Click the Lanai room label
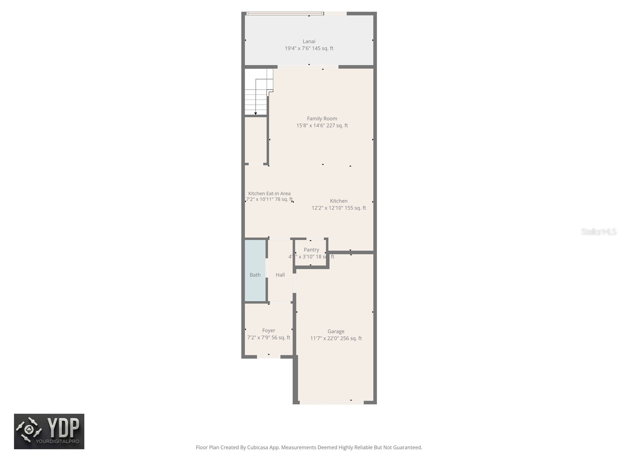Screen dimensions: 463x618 click(309, 41)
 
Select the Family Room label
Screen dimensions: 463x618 click(322, 118)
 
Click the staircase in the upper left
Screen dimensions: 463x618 click(256, 93)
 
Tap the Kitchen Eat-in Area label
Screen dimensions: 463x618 click(269, 193)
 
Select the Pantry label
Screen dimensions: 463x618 click(311, 250)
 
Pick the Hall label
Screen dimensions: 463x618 click(280, 275)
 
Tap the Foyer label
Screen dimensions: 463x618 click(268, 331)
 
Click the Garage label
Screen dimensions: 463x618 click(336, 331)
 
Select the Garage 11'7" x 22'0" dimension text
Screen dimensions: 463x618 click(324, 338)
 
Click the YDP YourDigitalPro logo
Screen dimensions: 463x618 click(49, 431)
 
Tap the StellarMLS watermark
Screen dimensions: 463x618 click(599, 232)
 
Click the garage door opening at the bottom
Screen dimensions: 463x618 click(331, 402)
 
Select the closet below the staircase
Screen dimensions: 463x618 click(255, 140)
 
